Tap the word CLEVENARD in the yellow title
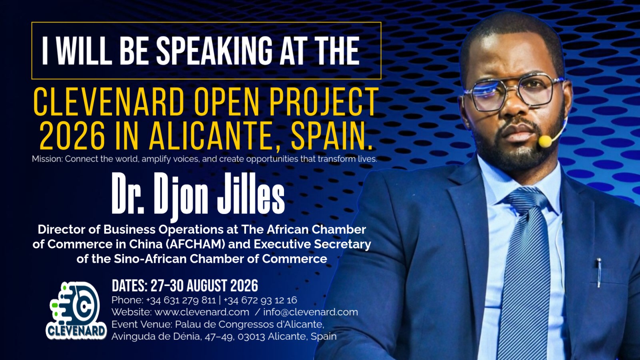pos(109,102)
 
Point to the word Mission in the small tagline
pos(47,159)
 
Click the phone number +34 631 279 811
pos(181,300)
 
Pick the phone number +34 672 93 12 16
pos(260,300)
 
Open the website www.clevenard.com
pos(202,312)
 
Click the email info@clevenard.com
pos(310,312)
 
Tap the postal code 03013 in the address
pos(251,336)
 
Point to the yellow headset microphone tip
pos(544,141)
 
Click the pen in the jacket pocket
pos(599,272)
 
